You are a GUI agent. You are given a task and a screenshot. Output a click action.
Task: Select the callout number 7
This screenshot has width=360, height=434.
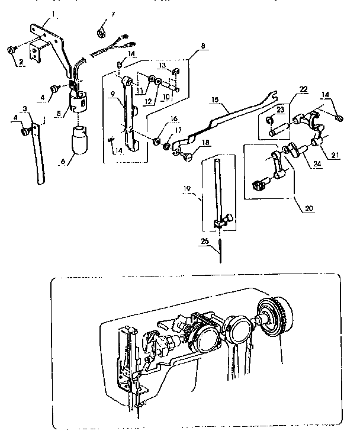[113, 12]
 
